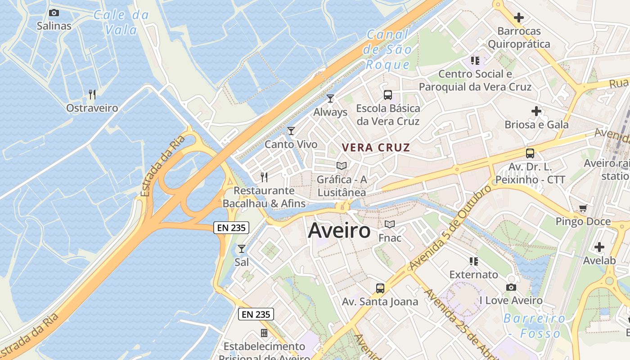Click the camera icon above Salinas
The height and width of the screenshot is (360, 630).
(54, 13)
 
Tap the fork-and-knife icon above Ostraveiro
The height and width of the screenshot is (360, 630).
(92, 94)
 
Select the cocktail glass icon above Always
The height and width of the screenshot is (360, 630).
(330, 98)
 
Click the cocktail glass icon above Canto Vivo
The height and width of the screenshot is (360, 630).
(291, 131)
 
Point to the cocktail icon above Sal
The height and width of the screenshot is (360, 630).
(242, 248)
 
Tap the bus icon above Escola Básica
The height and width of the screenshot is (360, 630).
(387, 95)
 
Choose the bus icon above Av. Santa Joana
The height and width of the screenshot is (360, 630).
(380, 288)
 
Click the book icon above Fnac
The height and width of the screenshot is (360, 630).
(390, 224)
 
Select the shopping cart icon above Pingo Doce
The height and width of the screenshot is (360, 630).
(583, 208)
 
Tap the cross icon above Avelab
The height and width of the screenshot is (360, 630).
(599, 247)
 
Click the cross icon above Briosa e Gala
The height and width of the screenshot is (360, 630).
(536, 111)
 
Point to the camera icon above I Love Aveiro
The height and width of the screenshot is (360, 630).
(511, 287)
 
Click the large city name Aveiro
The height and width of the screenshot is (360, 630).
(339, 231)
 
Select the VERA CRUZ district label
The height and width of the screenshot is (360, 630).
(376, 148)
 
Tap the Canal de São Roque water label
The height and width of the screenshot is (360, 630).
(388, 49)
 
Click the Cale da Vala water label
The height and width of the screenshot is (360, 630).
(121, 22)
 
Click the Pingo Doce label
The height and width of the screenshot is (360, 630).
(583, 221)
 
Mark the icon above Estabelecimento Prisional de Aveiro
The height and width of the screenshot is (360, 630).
(264, 333)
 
